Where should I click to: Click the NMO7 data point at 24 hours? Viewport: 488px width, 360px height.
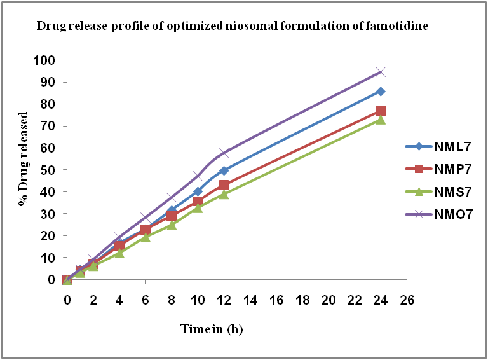[381, 72]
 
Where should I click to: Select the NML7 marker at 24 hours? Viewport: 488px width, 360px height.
[381, 92]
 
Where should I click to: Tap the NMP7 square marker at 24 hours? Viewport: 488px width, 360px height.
[381, 111]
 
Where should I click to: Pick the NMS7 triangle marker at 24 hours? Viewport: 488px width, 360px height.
[381, 120]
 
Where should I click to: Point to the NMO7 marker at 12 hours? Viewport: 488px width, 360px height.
[224, 153]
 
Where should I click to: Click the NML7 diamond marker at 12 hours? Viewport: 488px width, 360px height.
[224, 170]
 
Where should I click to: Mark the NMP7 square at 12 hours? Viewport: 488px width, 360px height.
[224, 185]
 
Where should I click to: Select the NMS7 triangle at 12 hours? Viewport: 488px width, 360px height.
[224, 194]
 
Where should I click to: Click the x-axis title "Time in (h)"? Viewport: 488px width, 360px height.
[212, 329]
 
